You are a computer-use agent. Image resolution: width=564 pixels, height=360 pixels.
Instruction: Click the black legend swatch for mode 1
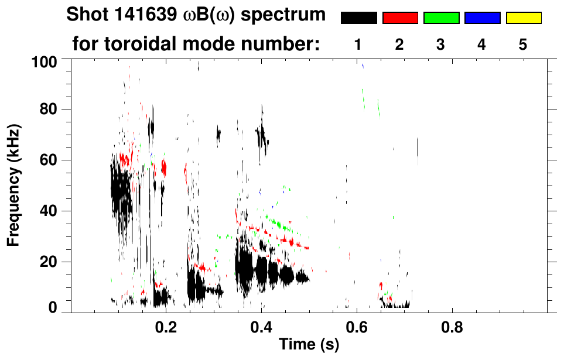click(x=358, y=18)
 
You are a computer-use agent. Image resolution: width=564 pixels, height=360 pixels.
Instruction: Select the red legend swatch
click(x=400, y=18)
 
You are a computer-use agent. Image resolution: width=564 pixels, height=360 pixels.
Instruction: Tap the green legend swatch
click(x=441, y=18)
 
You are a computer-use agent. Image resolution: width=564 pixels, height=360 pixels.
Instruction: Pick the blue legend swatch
click(x=482, y=18)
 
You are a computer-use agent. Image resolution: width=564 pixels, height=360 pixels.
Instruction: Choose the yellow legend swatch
click(x=524, y=18)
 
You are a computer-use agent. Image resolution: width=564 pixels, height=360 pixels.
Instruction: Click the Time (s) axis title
click(x=309, y=345)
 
